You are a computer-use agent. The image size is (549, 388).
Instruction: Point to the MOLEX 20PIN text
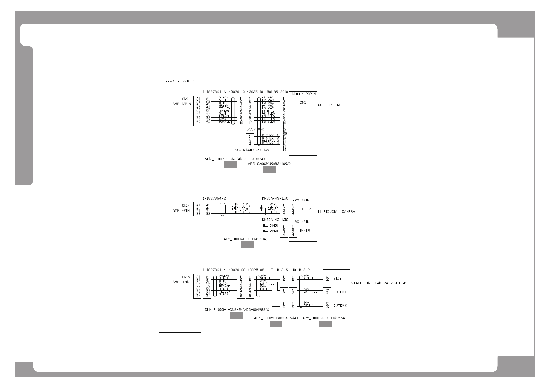[302, 94]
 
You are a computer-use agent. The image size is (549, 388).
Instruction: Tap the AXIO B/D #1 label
[329, 105]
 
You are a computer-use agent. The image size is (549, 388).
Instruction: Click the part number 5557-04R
[255, 129]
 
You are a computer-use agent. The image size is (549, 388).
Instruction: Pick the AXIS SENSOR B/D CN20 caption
[252, 150]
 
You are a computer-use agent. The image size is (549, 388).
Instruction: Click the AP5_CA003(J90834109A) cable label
[269, 164]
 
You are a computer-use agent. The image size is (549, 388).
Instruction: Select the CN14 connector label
[185, 205]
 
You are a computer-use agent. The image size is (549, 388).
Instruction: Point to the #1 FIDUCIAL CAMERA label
[336, 212]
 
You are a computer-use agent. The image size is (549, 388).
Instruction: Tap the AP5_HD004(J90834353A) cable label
[245, 239]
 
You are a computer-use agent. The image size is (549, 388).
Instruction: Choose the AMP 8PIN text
[181, 282]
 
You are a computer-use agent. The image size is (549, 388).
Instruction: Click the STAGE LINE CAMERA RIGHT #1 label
[378, 283]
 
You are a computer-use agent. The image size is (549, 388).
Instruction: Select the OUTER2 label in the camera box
[340, 306]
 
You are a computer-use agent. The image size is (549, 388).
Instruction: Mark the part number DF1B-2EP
[301, 270]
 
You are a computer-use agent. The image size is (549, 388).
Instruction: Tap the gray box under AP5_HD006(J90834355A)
[325, 324]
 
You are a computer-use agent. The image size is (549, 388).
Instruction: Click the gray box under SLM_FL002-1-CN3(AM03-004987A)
[230, 165]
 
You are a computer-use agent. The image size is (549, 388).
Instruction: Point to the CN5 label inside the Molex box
[303, 102]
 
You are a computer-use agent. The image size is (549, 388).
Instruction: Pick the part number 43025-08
[256, 270]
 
